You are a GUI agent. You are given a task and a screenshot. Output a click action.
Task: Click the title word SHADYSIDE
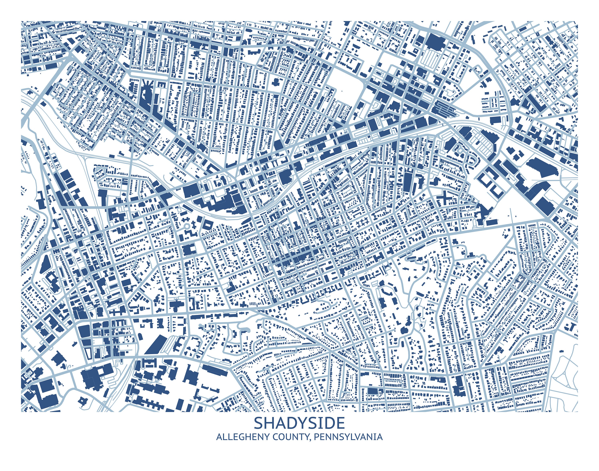pyautogui.click(x=299, y=423)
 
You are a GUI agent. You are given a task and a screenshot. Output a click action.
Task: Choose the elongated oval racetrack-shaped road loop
pyautogui.click(x=149, y=75)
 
